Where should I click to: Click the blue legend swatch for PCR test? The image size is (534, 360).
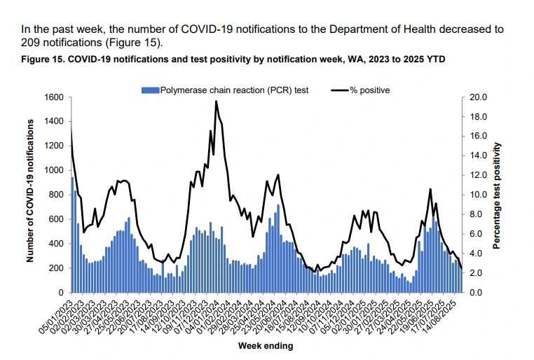click(150, 90)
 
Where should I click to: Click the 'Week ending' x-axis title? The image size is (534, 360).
click(265, 346)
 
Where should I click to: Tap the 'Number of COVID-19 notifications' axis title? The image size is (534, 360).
click(31, 191)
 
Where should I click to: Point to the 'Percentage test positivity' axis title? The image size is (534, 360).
click(497, 195)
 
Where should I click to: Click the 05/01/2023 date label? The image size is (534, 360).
click(57, 317)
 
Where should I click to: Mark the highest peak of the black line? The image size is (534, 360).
click(216, 102)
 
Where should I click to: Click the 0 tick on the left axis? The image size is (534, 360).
click(64, 292)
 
